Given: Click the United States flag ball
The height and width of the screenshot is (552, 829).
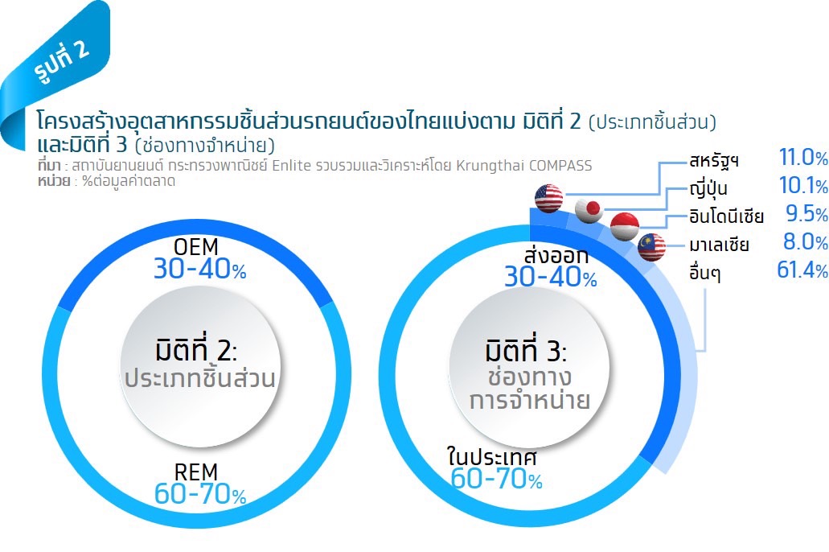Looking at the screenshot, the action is coord(549,198).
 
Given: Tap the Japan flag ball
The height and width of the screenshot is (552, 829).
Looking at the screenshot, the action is coord(589,209).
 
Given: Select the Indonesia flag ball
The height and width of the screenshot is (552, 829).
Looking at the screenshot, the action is coord(625,226).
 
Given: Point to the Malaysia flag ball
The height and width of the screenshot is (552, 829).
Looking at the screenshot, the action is coord(651,246).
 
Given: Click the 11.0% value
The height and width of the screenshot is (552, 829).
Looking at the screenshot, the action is coord(803,157).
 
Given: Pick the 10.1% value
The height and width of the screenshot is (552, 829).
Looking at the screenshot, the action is coord(803,185).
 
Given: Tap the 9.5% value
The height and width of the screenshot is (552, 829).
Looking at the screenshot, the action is coord(806,213).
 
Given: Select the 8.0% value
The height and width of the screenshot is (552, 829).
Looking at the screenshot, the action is coord(805,241).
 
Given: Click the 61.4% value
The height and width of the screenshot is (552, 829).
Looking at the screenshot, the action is coord(802,270).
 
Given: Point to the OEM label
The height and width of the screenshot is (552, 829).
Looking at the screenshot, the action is coord(195,246).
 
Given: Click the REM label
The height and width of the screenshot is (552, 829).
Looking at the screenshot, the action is coord(195,472).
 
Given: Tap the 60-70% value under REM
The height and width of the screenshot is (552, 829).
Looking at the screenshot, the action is coord(200,494).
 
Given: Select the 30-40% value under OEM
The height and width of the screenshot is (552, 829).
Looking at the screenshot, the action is coord(200,269).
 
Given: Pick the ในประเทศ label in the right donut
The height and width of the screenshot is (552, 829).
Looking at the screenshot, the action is coord(491,455).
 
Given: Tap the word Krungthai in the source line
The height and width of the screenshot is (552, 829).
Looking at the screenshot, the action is coord(484,166).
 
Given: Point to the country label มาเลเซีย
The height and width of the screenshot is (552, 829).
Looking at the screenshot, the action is coord(719,245).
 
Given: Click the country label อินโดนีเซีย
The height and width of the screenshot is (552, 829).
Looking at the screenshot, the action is coord(726,216).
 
